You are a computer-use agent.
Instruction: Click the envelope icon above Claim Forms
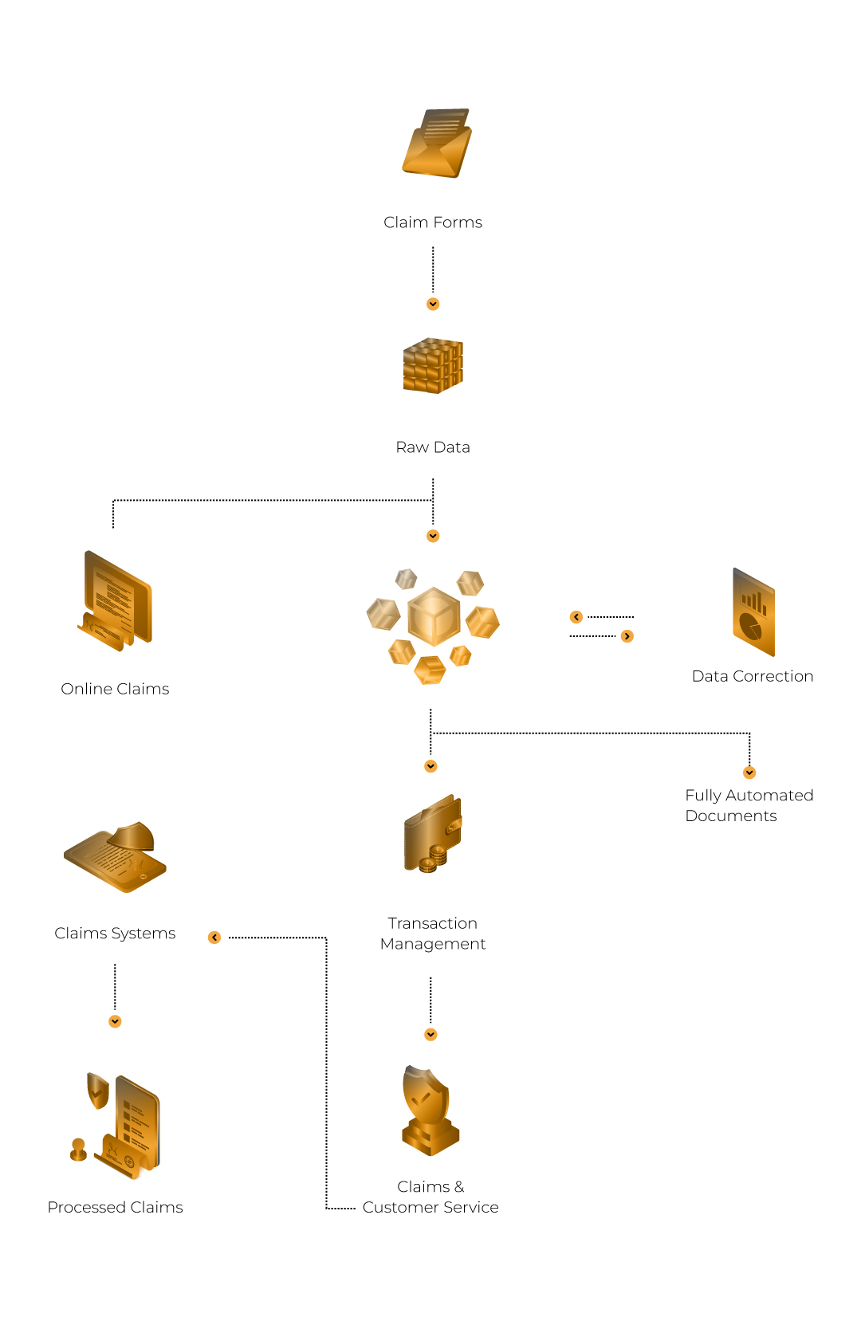coord(437,144)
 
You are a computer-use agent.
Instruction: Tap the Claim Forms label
coord(433,222)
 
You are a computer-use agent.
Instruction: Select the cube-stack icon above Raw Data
coord(433,365)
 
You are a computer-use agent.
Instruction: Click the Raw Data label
coord(433,447)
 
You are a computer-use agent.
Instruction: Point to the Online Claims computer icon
coord(116,601)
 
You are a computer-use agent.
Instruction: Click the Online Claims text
coord(115,689)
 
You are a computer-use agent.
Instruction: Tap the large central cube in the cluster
coord(434,616)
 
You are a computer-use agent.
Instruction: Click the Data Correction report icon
coord(754,612)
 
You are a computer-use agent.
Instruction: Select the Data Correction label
coord(753,676)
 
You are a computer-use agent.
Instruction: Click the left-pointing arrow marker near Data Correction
coord(576,617)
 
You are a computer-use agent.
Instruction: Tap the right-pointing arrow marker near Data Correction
coord(627,636)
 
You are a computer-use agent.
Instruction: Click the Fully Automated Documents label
coord(749,806)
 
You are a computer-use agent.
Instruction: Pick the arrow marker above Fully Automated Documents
coord(749,773)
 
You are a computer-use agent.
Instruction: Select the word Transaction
coord(433,923)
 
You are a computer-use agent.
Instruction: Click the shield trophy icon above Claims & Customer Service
coord(431,1111)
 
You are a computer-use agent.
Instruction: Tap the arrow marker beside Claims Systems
coord(214,937)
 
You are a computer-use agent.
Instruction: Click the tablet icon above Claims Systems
coord(116,856)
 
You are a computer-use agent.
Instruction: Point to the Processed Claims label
coord(116,1207)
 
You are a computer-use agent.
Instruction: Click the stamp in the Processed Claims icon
coord(78,1150)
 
